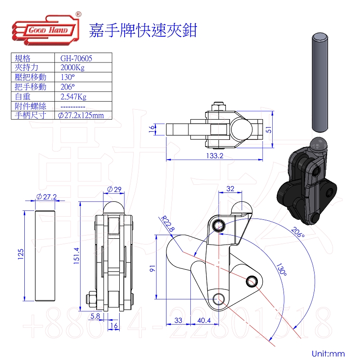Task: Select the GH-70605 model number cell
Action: (75, 58)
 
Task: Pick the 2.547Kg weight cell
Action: (73, 96)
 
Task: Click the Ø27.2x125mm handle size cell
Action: (81, 116)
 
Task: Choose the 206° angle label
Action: (297, 232)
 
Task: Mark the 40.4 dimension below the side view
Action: (204, 321)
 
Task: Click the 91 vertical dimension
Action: (153, 269)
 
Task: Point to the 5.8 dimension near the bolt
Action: (95, 316)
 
